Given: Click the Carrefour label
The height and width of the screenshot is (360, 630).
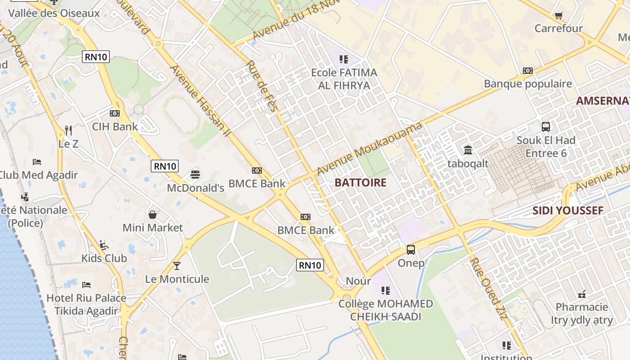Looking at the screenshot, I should coord(558,28).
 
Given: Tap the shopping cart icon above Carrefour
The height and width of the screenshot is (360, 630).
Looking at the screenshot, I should coord(558,16).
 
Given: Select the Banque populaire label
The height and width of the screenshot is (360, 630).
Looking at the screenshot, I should coord(528,84).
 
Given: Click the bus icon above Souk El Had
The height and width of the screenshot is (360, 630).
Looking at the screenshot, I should coord(546,127).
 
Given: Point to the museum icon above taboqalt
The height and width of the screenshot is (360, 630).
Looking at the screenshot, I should coord(468,150).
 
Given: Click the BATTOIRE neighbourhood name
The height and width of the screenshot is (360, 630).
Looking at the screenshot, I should coord(360,182).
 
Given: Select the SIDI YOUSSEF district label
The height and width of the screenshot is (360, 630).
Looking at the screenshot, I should coord(568,211).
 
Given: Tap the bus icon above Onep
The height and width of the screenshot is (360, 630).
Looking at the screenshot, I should coord(411,249).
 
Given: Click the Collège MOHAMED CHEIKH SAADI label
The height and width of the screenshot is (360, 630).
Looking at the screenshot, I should coord(386,310).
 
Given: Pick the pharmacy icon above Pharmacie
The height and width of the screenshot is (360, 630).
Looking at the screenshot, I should coord(582,294).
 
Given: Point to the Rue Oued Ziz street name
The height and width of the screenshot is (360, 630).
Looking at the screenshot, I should coord(489,288).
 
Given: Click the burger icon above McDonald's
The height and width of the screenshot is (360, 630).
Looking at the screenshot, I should coord(195,174).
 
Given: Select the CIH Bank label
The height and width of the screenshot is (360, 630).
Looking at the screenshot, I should coord(115,126).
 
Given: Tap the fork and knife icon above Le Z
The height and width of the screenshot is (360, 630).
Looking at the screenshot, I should coord(68,130).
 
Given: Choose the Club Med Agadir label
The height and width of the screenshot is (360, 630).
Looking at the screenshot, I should coord(38,175).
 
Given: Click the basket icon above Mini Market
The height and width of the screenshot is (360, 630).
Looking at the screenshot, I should coord(153,214).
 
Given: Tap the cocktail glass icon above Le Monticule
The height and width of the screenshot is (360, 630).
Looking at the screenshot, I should coord(177,265).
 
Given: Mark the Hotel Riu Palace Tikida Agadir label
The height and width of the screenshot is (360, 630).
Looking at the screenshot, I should coord(86,304).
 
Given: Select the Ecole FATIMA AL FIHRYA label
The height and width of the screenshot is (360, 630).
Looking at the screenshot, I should coord(344,79).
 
